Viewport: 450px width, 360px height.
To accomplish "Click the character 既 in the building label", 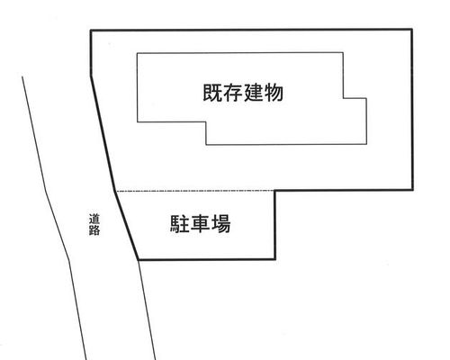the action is tap(212, 93).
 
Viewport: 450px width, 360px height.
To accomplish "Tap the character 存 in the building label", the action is tap(233, 93).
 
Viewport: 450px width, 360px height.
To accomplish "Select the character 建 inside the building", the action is tap(254, 93).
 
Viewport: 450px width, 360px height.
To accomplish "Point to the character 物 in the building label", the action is tap(274, 93).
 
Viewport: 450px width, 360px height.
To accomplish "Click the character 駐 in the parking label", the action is tap(179, 224).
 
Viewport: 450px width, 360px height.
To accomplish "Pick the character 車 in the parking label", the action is tap(201, 224).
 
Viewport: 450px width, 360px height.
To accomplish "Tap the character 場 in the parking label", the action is tap(221, 224).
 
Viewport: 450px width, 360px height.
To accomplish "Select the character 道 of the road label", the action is tap(94, 219).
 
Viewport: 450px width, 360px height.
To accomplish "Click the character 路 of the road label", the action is tap(94, 230).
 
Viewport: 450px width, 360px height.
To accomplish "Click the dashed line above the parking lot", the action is tap(195, 191).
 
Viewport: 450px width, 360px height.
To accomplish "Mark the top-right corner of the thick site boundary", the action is tap(412, 30).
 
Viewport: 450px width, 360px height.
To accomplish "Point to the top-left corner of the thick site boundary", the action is tap(91, 31).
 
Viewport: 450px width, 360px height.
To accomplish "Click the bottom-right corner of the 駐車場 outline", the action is tap(274, 259).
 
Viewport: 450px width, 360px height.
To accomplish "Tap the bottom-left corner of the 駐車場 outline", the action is tap(139, 259).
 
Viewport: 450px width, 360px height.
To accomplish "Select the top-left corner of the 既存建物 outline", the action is tap(138, 53).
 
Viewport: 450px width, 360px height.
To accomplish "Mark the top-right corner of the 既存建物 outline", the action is tap(343, 53).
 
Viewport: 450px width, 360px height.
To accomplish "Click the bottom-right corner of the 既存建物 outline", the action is tap(366, 144).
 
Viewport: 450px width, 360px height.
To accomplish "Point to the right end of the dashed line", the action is tap(274, 191).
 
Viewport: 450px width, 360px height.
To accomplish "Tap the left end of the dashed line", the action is tap(115, 191).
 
